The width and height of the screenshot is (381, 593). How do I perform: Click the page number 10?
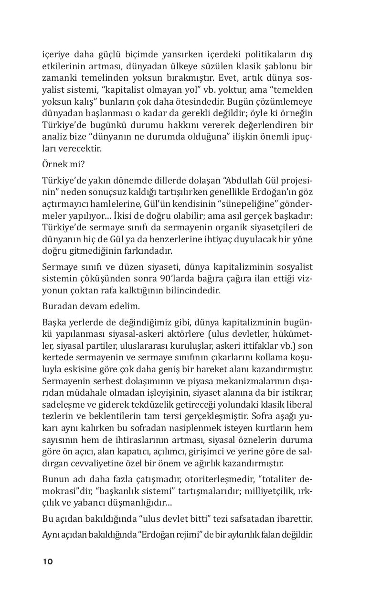pos(47,561)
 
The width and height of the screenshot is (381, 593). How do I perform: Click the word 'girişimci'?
pos(212,452)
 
